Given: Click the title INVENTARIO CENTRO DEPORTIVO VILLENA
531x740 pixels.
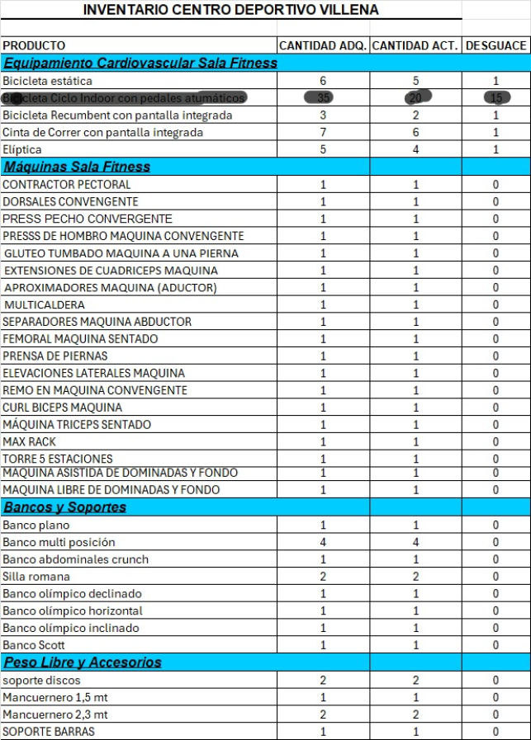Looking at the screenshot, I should (231, 10).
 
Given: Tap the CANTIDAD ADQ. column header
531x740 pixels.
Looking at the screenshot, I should (323, 45).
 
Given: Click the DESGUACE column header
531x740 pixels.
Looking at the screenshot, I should (495, 45).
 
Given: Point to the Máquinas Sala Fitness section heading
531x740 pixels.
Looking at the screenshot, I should (77, 167).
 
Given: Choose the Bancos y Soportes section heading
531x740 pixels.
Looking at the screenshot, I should (64, 507).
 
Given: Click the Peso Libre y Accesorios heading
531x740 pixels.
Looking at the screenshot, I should (82, 662).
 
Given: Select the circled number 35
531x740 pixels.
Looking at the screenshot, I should (323, 98).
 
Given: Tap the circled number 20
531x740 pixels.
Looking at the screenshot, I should (415, 98).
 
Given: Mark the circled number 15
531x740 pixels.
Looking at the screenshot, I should (495, 98).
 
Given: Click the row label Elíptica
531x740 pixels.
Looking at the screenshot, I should (21, 149).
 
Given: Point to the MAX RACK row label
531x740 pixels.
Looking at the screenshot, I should (30, 442).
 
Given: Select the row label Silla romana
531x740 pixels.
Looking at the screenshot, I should (36, 577).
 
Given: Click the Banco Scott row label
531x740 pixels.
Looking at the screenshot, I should (34, 645).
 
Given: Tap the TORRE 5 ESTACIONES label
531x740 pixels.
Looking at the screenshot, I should (58, 459).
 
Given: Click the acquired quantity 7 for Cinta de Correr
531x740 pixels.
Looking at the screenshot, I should (323, 133).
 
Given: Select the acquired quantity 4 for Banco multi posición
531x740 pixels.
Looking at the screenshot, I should (323, 542).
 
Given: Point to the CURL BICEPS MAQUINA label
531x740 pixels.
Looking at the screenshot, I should (62, 408).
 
